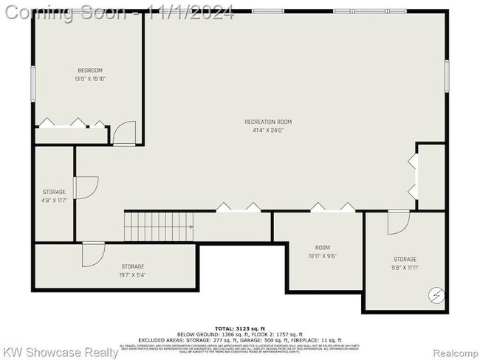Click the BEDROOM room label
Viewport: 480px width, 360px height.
(x=88, y=71)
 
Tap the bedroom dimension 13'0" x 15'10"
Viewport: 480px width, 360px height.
(x=88, y=79)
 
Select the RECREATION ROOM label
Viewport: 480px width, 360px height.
(x=269, y=122)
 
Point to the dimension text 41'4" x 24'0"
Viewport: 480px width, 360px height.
(x=269, y=131)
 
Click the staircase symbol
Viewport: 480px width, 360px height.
(x=159, y=226)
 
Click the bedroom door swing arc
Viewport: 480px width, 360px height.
(x=126, y=133)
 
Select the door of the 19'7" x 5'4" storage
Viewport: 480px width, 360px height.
(x=93, y=254)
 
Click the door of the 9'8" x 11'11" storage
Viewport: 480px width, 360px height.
(x=398, y=222)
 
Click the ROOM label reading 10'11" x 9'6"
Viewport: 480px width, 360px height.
(x=323, y=248)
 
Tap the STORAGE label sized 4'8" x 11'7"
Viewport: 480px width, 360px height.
(x=54, y=192)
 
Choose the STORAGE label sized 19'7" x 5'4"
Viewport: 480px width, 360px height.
(x=133, y=266)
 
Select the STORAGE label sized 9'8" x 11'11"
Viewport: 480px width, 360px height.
(x=405, y=259)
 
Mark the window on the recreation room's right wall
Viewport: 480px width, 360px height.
(x=447, y=76)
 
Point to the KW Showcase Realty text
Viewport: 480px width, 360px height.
(x=61, y=352)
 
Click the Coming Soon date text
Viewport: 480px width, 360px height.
(x=118, y=13)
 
